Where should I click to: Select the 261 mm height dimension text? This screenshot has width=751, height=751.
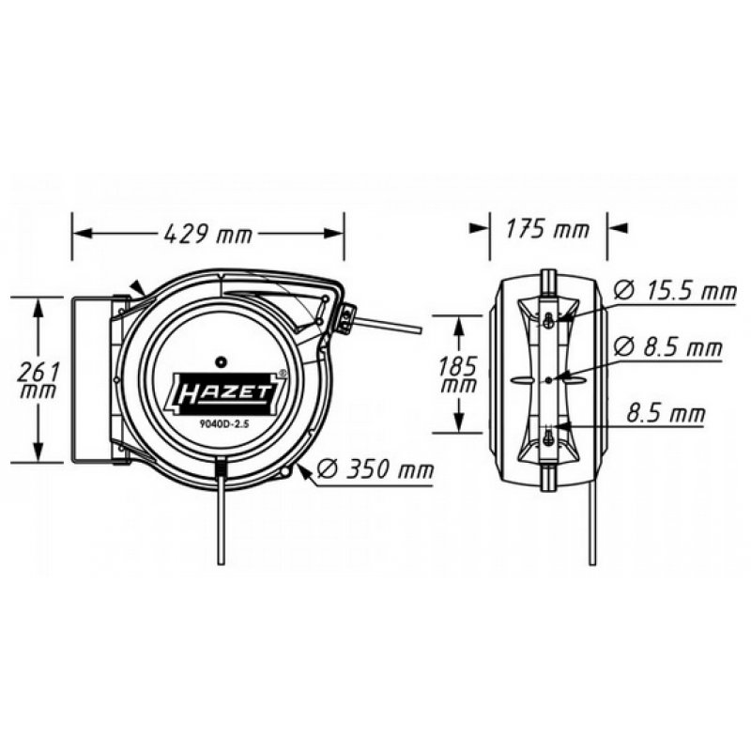tap(38, 379)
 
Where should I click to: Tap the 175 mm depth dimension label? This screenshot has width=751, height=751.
tap(547, 229)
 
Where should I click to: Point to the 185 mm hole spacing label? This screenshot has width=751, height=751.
tap(457, 374)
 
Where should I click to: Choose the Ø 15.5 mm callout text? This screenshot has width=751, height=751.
tap(674, 292)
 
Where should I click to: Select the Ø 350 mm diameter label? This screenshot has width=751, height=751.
tap(375, 468)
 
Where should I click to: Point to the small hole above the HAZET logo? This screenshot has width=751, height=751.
tap(222, 360)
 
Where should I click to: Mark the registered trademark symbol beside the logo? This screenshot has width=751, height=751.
tap(284, 373)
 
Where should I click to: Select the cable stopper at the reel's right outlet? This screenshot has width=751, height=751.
tap(346, 319)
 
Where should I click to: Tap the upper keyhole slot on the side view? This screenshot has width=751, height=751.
tap(547, 320)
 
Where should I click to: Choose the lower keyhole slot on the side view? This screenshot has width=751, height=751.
tap(547, 435)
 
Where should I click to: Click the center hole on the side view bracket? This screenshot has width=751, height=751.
tap(547, 379)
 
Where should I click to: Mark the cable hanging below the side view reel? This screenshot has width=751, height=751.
tap(591, 526)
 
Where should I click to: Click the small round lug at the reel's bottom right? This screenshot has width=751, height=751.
tap(284, 470)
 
